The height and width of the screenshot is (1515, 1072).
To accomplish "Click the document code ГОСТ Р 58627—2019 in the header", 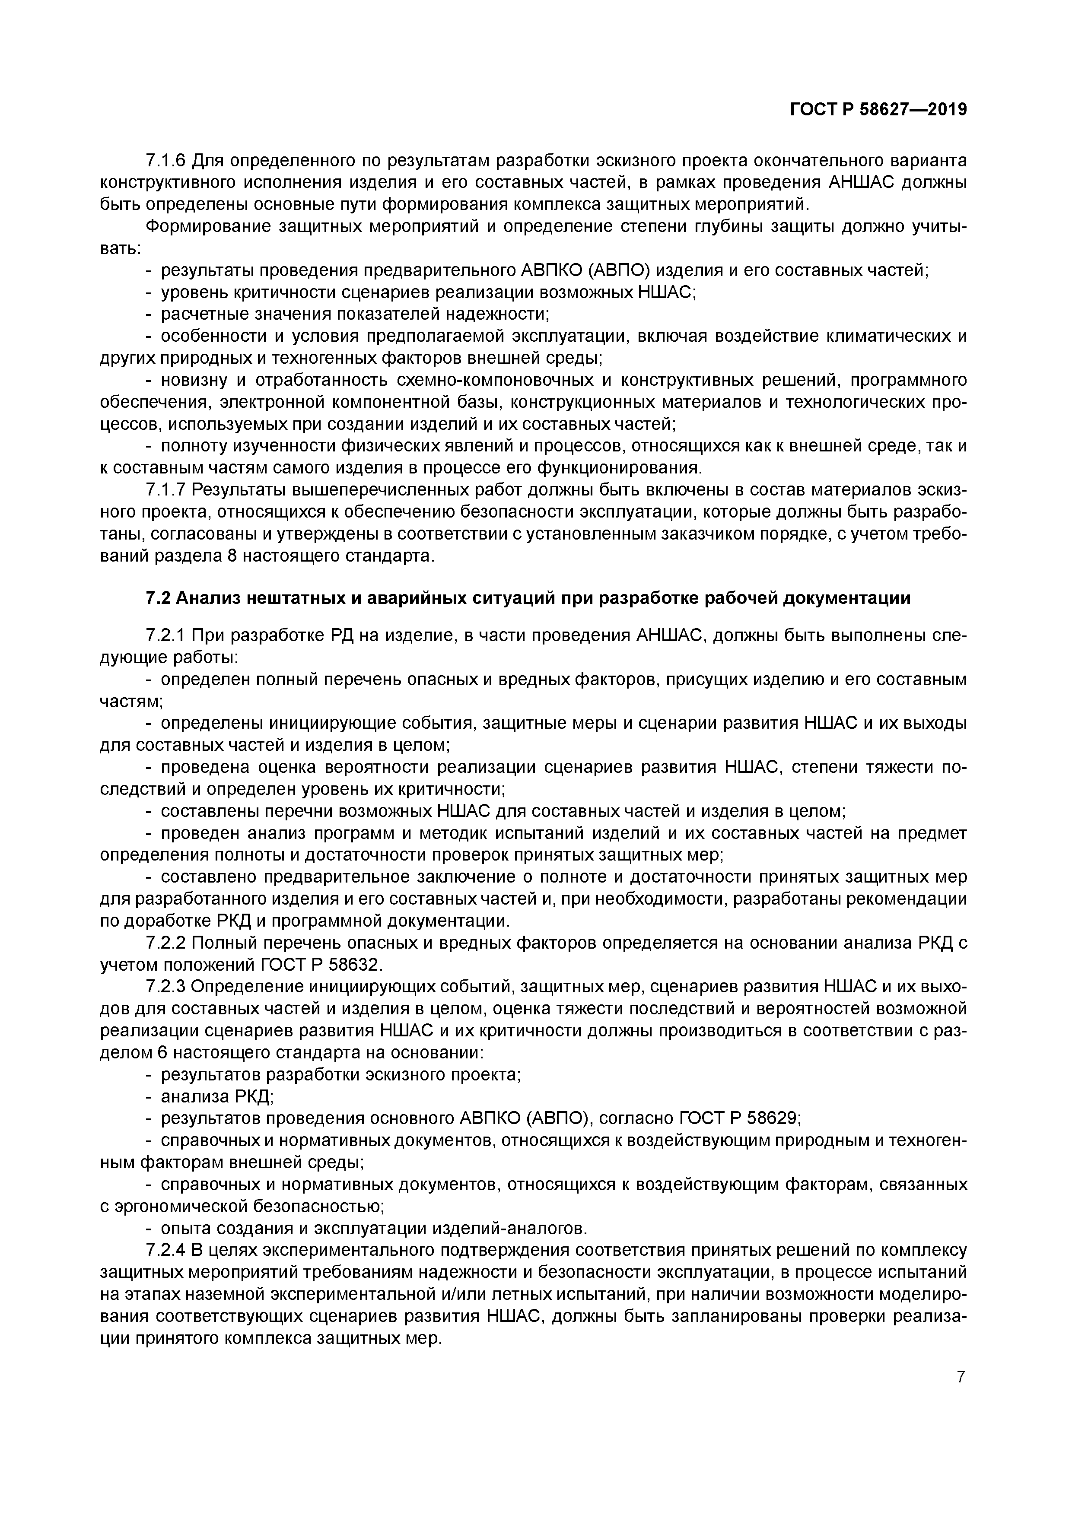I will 878,110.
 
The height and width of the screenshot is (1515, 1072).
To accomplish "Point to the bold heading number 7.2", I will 158,598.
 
